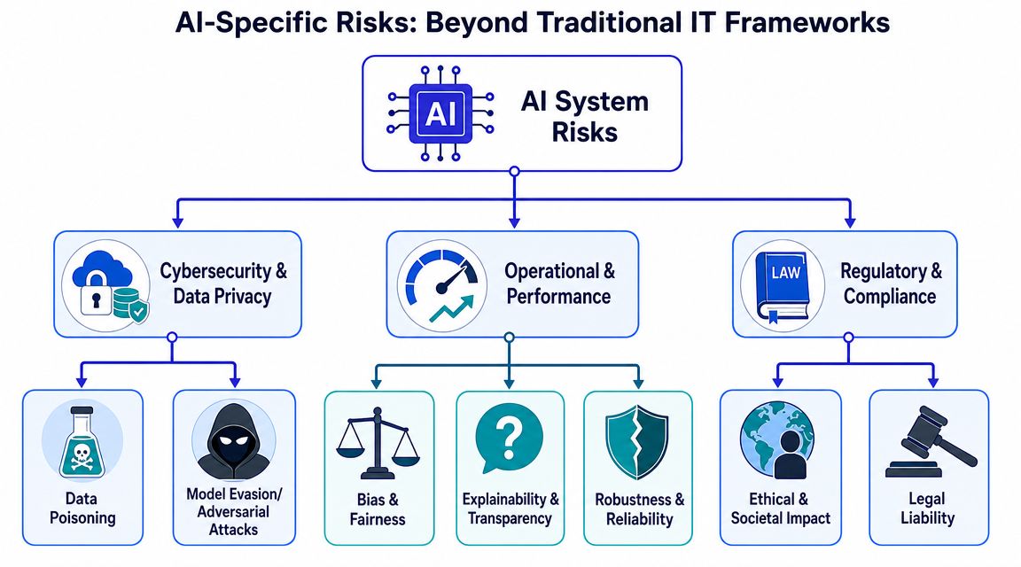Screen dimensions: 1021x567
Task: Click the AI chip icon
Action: click(x=440, y=113)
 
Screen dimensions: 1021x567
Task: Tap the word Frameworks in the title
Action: click(x=807, y=23)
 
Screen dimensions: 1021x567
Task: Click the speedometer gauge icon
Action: click(x=442, y=286)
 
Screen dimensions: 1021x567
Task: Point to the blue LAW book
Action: click(x=783, y=286)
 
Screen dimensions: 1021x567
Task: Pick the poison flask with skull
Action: click(x=82, y=442)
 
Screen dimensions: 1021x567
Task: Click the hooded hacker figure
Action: click(x=233, y=440)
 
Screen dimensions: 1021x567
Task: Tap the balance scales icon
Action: click(x=378, y=443)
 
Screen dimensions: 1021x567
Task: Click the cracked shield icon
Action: click(x=637, y=442)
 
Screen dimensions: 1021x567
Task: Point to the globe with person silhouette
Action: click(x=777, y=440)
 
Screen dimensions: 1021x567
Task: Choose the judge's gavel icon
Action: click(x=931, y=442)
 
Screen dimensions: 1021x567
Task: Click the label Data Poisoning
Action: click(x=82, y=509)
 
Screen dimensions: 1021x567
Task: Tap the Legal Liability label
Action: click(x=927, y=509)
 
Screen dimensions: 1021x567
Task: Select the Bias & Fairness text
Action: click(x=378, y=509)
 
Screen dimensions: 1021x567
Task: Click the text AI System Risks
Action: click(x=585, y=117)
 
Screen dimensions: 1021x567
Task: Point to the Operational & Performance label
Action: click(x=559, y=283)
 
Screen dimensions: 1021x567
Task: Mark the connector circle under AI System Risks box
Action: click(x=514, y=171)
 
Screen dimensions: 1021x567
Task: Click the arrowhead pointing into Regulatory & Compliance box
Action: click(x=849, y=222)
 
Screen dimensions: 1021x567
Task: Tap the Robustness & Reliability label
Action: click(x=639, y=509)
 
